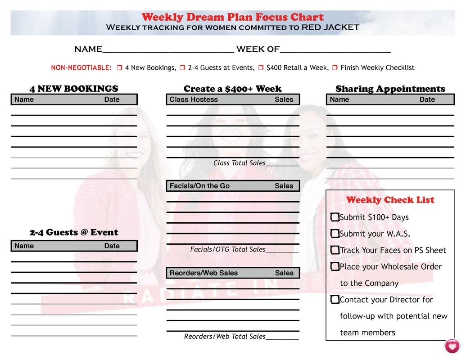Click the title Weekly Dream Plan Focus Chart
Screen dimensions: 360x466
(232, 17)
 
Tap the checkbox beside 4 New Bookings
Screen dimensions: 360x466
(119, 68)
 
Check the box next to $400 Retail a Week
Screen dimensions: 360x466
(261, 68)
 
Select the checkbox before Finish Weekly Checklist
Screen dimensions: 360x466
(335, 68)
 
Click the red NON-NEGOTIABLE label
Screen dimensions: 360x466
(81, 68)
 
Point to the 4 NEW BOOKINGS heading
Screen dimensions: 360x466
(74, 89)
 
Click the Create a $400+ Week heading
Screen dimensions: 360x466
(232, 89)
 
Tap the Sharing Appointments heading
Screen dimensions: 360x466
(390, 89)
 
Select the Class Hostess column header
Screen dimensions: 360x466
(194, 99)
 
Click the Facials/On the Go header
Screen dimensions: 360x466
(199, 186)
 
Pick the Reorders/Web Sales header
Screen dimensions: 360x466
(204, 273)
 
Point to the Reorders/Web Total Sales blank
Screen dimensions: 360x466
(282, 337)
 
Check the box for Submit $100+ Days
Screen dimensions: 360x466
(335, 217)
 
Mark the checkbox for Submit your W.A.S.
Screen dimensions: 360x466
(335, 234)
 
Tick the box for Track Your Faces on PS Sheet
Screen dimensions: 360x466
(335, 250)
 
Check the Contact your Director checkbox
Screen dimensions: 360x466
(335, 299)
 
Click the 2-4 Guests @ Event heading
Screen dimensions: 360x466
(74, 232)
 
